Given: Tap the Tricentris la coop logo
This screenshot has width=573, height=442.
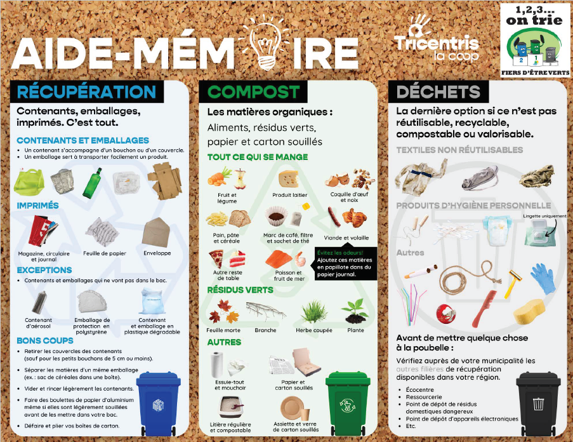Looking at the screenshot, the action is click(437, 38).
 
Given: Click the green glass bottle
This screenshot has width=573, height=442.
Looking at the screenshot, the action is click(92, 183).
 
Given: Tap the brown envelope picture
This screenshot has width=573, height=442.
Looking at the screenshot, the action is click(156, 232).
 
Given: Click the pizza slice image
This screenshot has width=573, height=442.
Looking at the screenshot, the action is click(216, 258).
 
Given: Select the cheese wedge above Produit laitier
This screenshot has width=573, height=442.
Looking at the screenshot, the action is click(289, 179).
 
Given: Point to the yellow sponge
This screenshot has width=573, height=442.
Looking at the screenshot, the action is click(529, 311).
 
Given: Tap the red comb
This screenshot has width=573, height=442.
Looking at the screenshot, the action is click(484, 308).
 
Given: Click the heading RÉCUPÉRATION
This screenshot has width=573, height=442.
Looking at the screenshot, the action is click(86, 91).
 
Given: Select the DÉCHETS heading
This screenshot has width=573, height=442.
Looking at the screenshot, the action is click(438, 91).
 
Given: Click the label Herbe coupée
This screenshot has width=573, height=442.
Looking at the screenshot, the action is click(314, 330).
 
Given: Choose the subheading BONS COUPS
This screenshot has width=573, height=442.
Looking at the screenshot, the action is click(45, 340).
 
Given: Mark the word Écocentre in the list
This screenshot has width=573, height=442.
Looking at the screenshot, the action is click(420, 390).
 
